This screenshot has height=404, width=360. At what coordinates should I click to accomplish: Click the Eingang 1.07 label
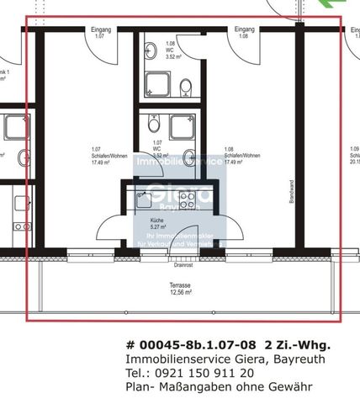coord(99,33)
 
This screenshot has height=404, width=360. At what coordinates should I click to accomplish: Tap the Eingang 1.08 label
coord(245,33)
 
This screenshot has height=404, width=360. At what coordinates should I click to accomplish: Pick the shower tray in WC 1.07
coord(183,128)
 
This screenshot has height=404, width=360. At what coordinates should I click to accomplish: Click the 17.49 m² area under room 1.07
coord(101,164)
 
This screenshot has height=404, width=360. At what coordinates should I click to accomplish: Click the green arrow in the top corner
coord(346,5)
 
